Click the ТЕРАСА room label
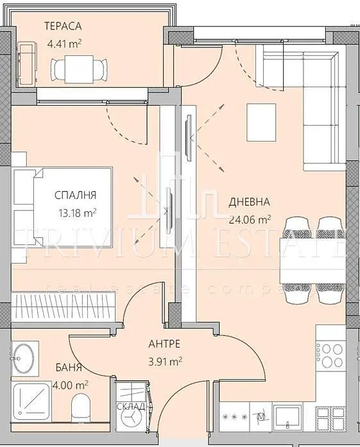pyautogui.click(x=63, y=26)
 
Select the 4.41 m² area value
pyautogui.click(x=67, y=45)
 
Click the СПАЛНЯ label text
pyautogui.click(x=76, y=195)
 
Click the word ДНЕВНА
pyautogui.click(x=249, y=203)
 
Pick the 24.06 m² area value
pyautogui.click(x=250, y=218)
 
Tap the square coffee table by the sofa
pyautogui.click(x=262, y=123)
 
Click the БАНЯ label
pyautogui.click(x=69, y=367)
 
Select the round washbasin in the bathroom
pyautogui.click(x=25, y=357)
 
